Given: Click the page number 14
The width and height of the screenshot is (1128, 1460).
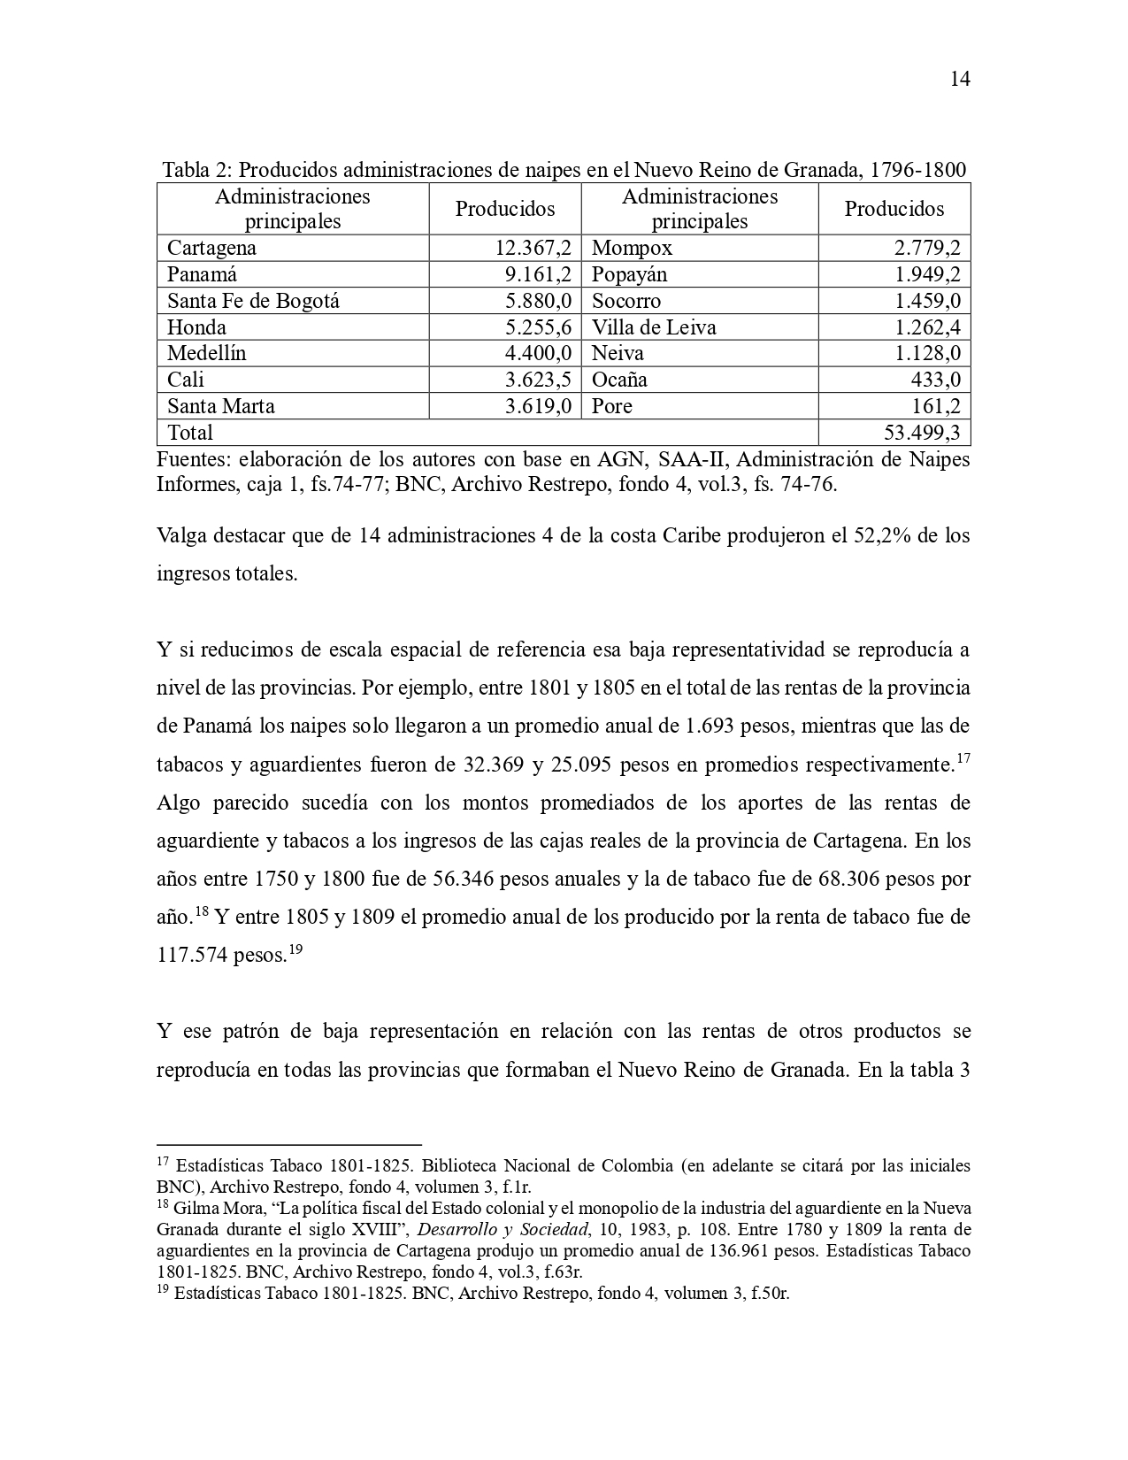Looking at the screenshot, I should [x=960, y=80].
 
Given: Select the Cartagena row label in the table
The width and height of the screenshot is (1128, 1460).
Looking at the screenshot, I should [x=211, y=248].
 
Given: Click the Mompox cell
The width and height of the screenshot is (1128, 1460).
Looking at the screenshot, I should [x=632, y=248].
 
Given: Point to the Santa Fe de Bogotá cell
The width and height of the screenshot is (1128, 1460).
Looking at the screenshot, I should [x=253, y=301].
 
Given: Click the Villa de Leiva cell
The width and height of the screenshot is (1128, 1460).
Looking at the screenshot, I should [x=654, y=327].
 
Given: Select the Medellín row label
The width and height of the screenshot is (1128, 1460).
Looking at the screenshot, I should [x=207, y=353].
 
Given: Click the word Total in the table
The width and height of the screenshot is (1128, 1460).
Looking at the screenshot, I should [x=190, y=433].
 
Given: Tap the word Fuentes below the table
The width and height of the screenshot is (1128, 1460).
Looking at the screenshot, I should [x=191, y=460].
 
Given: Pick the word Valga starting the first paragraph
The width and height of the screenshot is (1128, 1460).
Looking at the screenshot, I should [x=181, y=536].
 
